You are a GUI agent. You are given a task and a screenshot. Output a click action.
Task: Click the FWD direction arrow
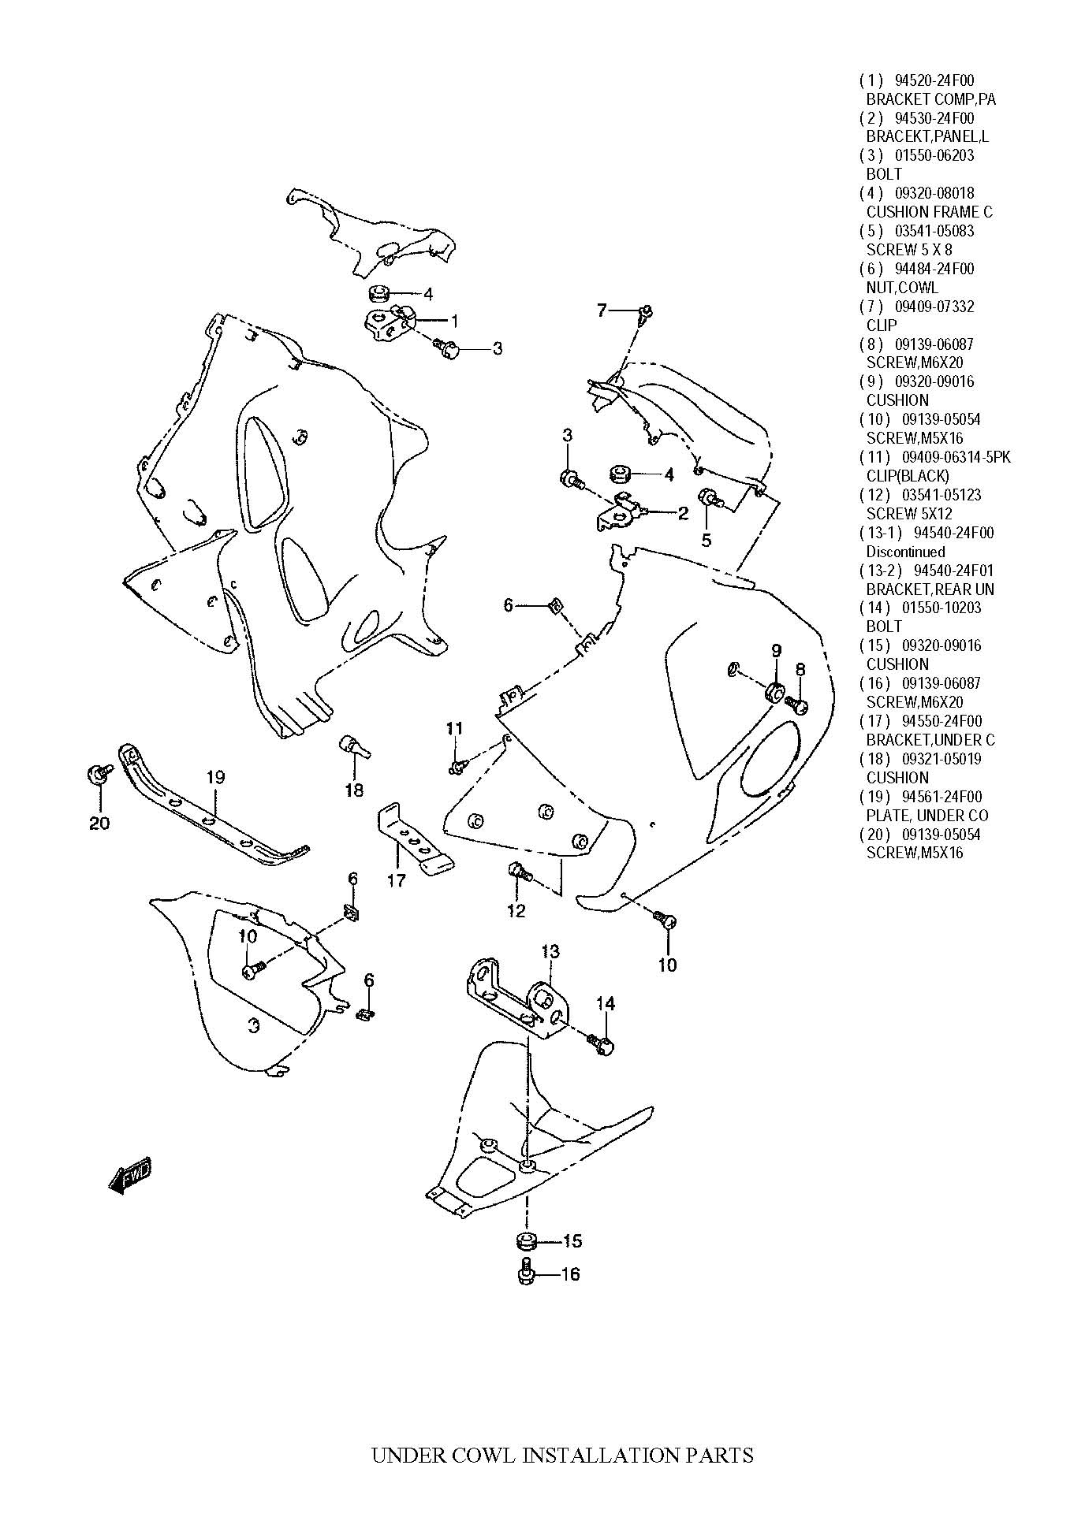129,1177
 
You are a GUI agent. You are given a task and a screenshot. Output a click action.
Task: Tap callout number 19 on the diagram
215,777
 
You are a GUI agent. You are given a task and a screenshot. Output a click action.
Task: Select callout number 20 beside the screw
99,823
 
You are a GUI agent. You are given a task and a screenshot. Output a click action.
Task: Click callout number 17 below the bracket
396,879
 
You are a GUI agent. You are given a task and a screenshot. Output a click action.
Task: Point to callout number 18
354,790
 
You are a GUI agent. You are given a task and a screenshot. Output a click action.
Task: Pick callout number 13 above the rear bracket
550,951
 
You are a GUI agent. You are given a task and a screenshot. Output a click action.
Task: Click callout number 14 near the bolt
605,1003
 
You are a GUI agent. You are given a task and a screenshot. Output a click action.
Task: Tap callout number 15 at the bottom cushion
572,1240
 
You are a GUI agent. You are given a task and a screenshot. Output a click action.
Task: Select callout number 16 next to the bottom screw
569,1274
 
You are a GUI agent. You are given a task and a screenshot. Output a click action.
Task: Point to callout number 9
776,650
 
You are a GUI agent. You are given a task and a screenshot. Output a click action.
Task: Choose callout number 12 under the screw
516,910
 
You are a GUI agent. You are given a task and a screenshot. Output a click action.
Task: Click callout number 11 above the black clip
454,728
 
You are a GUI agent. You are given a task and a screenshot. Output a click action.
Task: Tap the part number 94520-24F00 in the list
934,80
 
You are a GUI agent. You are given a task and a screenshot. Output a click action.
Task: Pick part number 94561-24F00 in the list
941,797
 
